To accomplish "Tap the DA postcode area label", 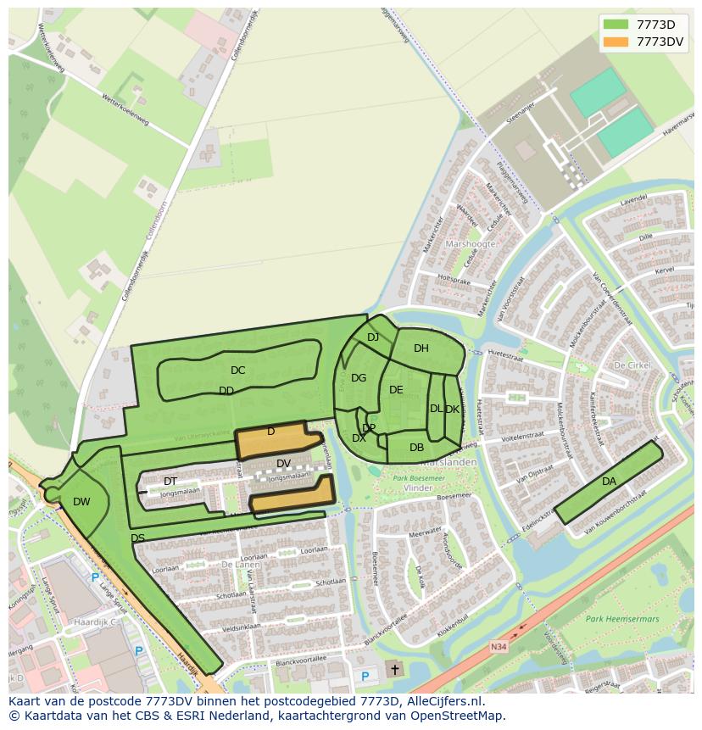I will tap(609, 482).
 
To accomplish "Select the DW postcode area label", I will tap(81, 502).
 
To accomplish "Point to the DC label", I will tap(237, 371).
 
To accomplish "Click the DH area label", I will tap(421, 348).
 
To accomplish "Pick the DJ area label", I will tap(373, 337).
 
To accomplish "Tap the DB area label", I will tap(416, 448).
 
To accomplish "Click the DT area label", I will tap(170, 482).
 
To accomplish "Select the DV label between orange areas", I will tap(284, 464).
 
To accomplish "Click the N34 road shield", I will tap(499, 647).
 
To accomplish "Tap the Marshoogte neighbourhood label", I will tap(470, 243).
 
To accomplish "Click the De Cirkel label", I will tap(631, 365).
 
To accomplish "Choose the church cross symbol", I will tap(394, 670).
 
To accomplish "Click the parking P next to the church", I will tap(365, 676).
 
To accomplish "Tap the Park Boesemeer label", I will tap(418, 479).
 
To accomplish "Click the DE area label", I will tap(396, 390).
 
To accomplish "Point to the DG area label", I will tap(359, 378).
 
